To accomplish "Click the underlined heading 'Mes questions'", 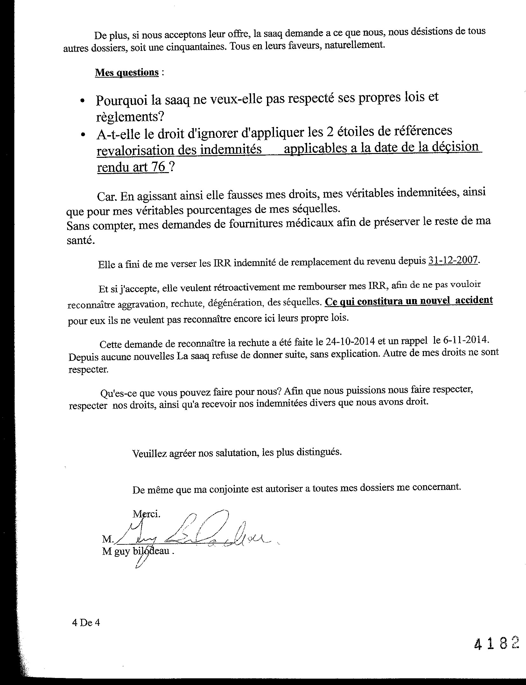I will click(127, 73).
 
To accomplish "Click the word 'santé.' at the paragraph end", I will click(81, 240).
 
